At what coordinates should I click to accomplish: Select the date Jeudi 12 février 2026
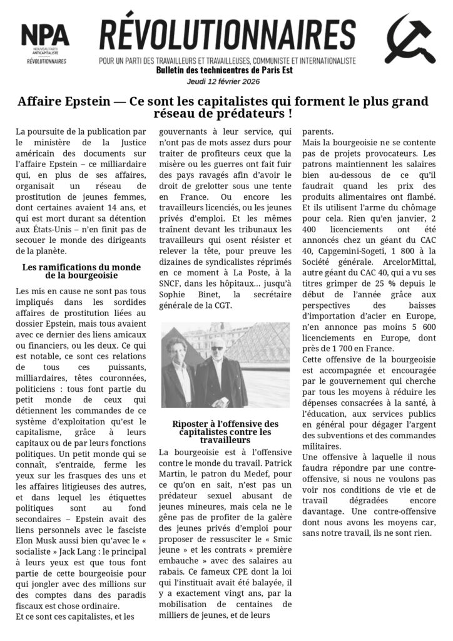[x=223, y=81]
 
